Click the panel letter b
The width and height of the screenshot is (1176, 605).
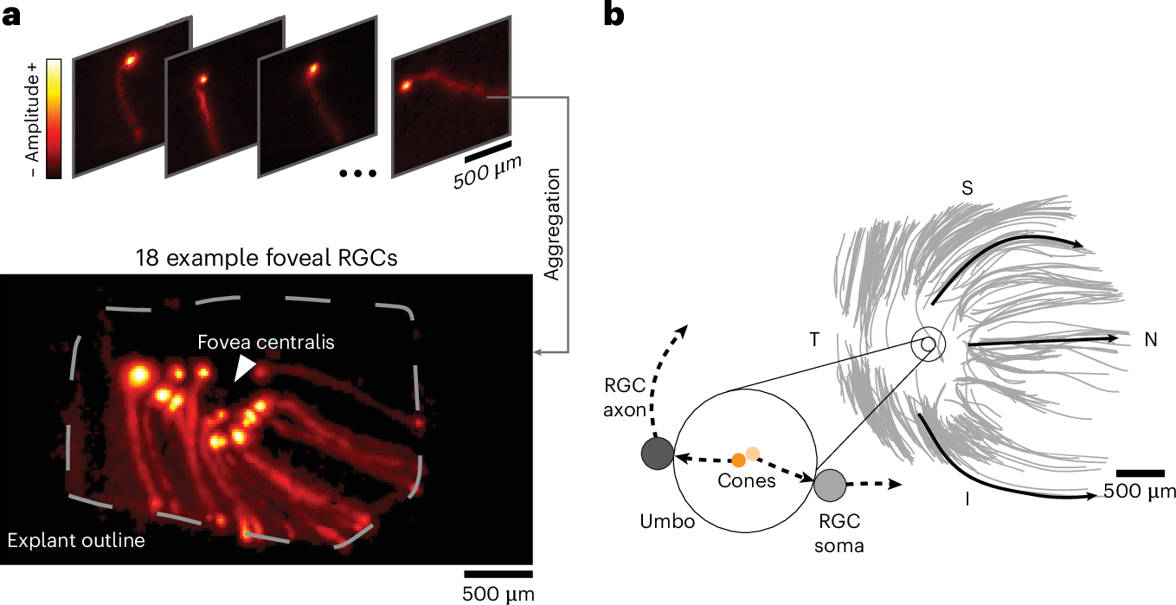(x=613, y=16)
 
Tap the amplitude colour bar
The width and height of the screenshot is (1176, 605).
(x=53, y=119)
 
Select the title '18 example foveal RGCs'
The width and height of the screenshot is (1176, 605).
(x=266, y=258)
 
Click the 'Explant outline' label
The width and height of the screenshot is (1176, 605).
(x=75, y=542)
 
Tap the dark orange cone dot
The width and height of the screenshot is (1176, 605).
(x=737, y=460)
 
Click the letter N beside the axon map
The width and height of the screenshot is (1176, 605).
(x=1150, y=340)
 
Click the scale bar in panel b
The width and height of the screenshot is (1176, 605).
(x=1139, y=473)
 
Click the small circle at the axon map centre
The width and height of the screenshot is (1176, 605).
(x=927, y=344)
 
